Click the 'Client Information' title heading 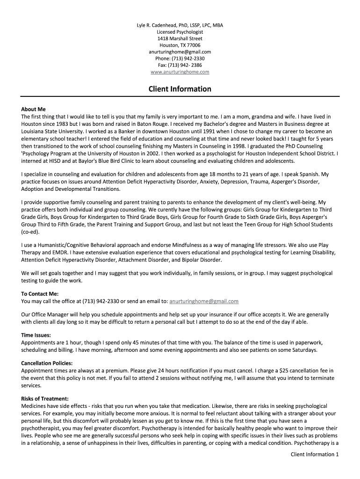180,89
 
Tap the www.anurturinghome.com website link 180,72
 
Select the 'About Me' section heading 34,109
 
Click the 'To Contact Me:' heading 40,294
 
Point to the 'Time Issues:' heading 36,335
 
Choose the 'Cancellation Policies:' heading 47,363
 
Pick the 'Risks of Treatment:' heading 45,399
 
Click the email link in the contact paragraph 204,301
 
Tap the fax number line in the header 180,65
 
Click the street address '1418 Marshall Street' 180,38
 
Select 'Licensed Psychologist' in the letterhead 180,32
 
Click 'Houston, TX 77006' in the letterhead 180,45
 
